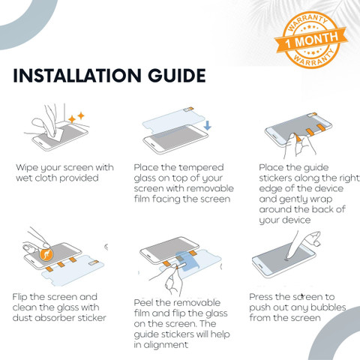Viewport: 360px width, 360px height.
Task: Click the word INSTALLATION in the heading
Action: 77,76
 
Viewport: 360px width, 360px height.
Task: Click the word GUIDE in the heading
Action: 177,76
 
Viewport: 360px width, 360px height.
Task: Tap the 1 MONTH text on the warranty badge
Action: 311,40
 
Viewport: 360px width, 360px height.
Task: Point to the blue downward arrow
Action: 207,125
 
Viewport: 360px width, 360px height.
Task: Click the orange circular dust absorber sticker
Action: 46,254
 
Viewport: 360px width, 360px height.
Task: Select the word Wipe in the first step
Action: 27,168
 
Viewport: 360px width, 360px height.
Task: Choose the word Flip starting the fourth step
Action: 20,298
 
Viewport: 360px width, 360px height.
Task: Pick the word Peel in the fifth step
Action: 143,303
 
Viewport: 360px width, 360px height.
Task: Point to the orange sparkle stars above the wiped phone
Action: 76,118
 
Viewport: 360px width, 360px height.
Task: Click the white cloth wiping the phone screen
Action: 58,134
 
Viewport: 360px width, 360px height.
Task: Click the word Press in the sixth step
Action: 262,297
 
